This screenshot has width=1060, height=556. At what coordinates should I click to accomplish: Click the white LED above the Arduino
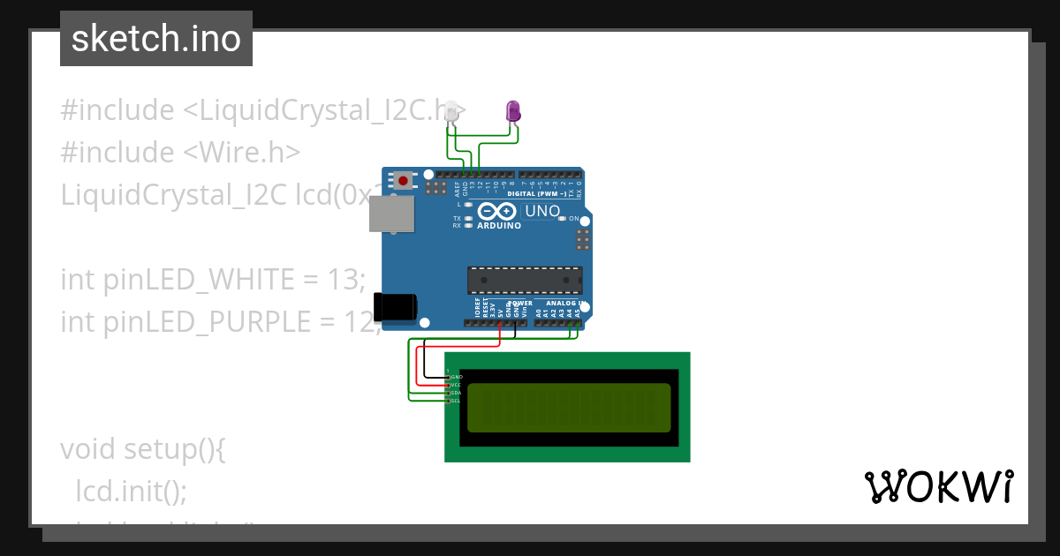451,112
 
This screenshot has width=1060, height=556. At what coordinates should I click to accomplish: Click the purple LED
512,111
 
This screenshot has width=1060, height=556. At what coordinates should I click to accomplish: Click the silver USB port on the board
390,214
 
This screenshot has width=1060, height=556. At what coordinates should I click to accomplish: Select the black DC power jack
394,306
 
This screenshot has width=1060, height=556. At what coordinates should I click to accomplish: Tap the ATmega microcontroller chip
525,280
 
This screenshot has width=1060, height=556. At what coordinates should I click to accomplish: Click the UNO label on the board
542,211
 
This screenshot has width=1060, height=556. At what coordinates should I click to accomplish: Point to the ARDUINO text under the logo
499,225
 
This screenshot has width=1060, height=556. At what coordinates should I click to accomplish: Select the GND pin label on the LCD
457,377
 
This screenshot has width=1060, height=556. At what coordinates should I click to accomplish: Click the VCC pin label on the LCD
457,385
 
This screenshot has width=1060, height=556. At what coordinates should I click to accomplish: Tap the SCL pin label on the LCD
457,401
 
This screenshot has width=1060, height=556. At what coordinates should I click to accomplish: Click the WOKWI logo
938,486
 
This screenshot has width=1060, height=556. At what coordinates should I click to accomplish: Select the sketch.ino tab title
156,39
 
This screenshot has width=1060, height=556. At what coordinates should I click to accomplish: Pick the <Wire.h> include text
242,152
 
